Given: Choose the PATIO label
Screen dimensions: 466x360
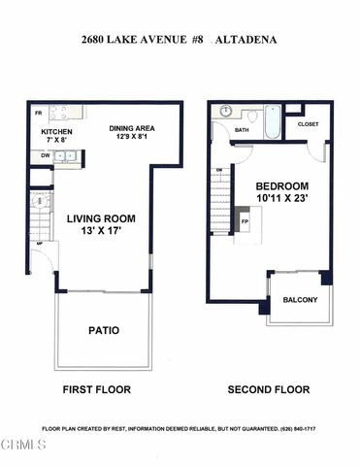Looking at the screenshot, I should coord(104,330).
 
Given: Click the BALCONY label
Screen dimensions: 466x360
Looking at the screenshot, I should coord(300,300).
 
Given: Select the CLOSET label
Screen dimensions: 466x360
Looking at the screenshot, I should coord(308,124).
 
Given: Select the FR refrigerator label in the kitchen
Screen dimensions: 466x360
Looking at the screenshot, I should coord(38,114).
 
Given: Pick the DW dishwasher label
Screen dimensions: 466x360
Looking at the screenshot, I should coord(45,154).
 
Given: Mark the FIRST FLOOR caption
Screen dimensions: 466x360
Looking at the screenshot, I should coord(97,389).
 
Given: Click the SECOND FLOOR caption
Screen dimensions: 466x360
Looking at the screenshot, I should coord(269,389).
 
